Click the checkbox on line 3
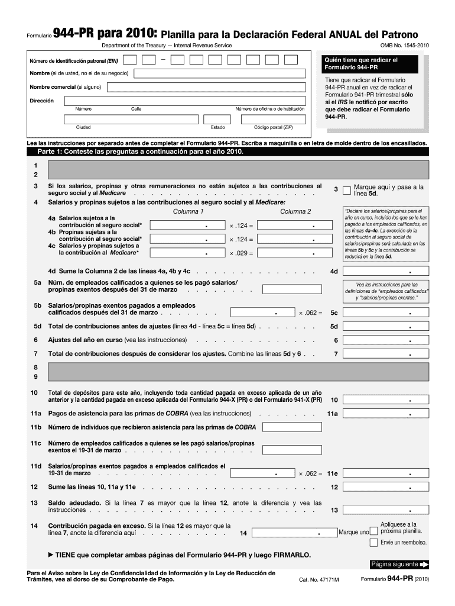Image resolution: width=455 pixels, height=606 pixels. click(x=347, y=189)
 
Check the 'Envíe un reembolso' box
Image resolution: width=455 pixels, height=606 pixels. click(x=373, y=542)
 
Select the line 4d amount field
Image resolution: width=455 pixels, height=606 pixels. click(x=386, y=271)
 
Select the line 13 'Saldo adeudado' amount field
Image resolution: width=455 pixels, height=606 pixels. click(x=386, y=510)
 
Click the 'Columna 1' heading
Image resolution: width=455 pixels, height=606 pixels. click(x=188, y=211)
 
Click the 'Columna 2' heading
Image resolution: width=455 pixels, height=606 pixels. click(x=295, y=211)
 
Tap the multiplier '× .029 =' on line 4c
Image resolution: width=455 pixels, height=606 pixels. click(x=240, y=253)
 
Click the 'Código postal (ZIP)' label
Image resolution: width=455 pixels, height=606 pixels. click(x=273, y=127)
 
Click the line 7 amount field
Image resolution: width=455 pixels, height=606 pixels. click(x=386, y=354)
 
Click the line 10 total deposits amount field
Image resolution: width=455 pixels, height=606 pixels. click(x=386, y=399)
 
